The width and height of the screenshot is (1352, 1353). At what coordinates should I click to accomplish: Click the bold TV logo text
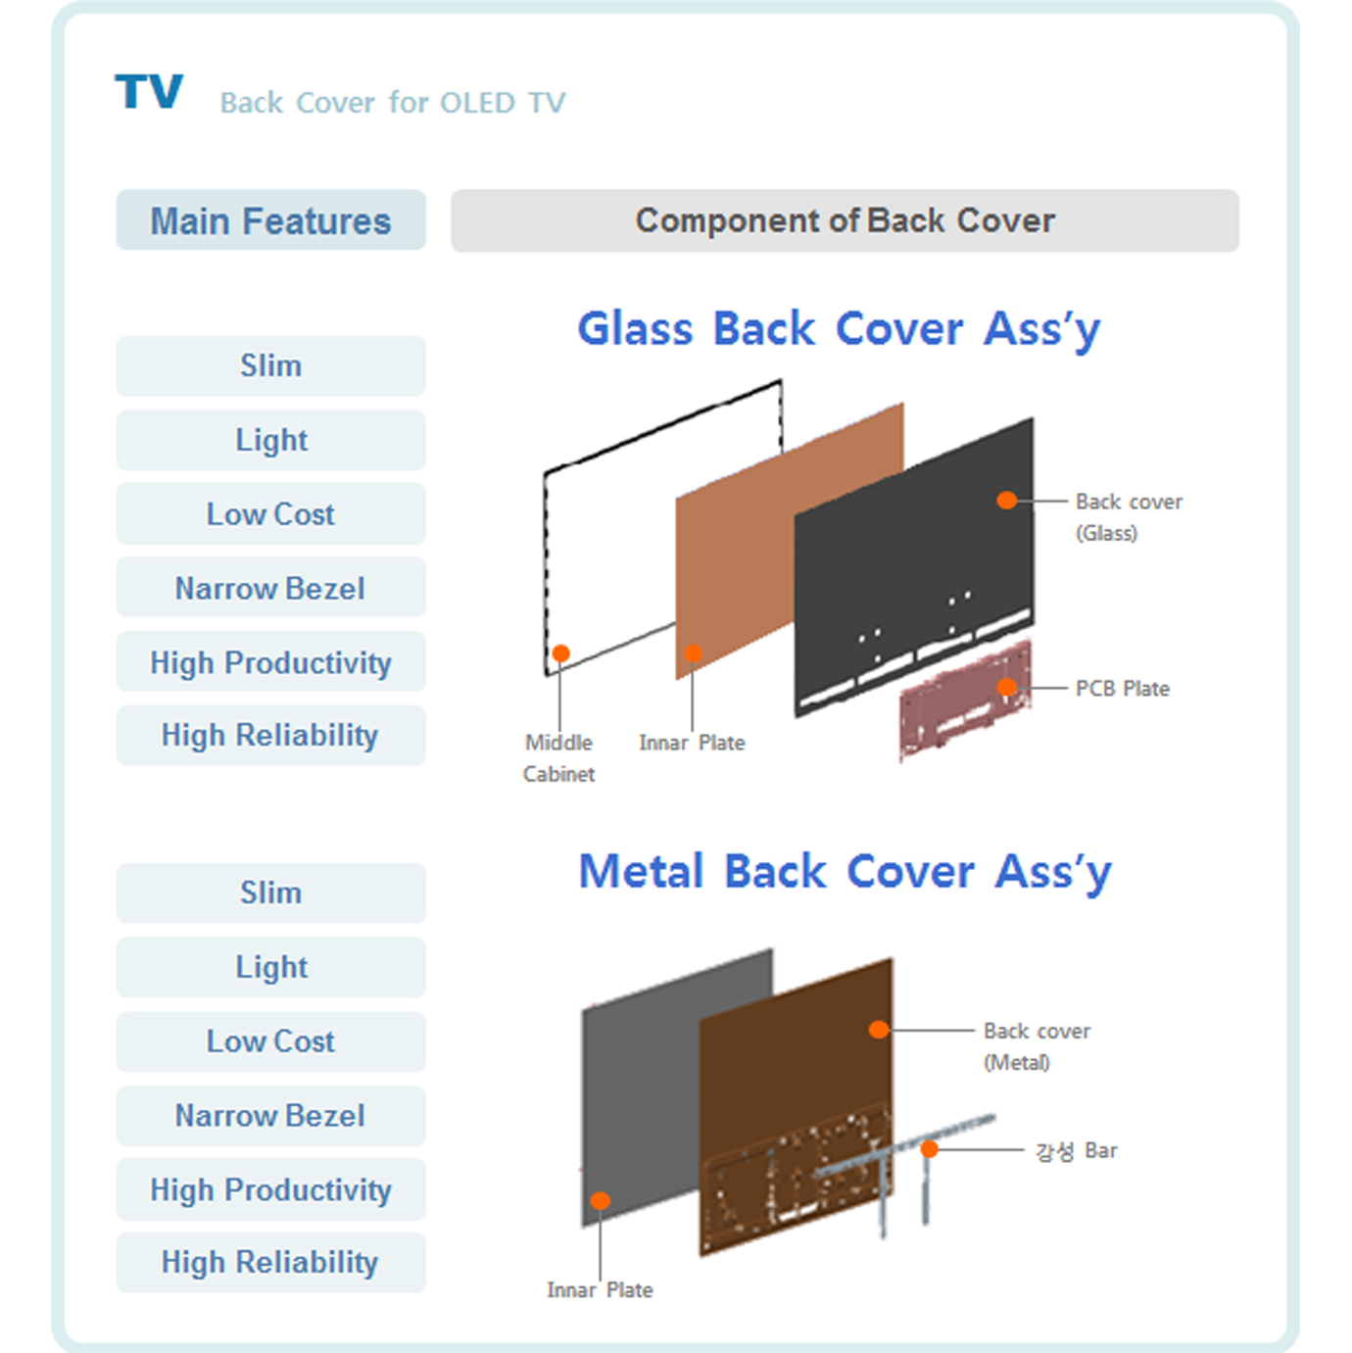[149, 91]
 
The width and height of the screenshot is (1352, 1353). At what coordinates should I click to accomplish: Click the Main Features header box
[271, 220]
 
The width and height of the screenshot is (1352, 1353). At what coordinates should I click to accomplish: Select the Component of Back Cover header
[845, 220]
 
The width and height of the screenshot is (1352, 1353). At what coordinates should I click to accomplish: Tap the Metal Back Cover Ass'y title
[845, 872]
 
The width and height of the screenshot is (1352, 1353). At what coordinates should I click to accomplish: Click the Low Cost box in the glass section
[271, 514]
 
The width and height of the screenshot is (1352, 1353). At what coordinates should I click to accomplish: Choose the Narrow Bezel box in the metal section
[271, 1116]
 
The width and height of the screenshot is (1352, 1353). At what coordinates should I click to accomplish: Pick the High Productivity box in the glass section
[271, 662]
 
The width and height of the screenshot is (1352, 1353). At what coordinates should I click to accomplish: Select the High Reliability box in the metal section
[271, 1263]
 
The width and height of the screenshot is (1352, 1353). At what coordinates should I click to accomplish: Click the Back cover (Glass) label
[1129, 517]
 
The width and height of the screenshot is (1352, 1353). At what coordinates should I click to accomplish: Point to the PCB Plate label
[1123, 688]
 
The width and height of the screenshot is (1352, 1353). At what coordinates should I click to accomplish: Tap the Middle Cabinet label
[559, 758]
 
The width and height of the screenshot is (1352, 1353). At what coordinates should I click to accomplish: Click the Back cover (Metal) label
[1037, 1047]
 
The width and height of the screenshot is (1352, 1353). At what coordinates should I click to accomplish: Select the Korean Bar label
[1076, 1151]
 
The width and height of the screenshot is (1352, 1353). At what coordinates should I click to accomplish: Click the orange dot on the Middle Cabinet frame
[560, 653]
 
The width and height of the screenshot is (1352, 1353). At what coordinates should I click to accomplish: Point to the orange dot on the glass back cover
[1006, 500]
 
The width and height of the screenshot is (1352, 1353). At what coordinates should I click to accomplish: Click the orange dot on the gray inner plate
[600, 1200]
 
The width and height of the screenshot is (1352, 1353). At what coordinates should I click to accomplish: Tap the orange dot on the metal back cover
[879, 1030]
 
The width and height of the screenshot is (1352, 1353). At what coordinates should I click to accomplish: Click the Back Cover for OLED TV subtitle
[393, 103]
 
